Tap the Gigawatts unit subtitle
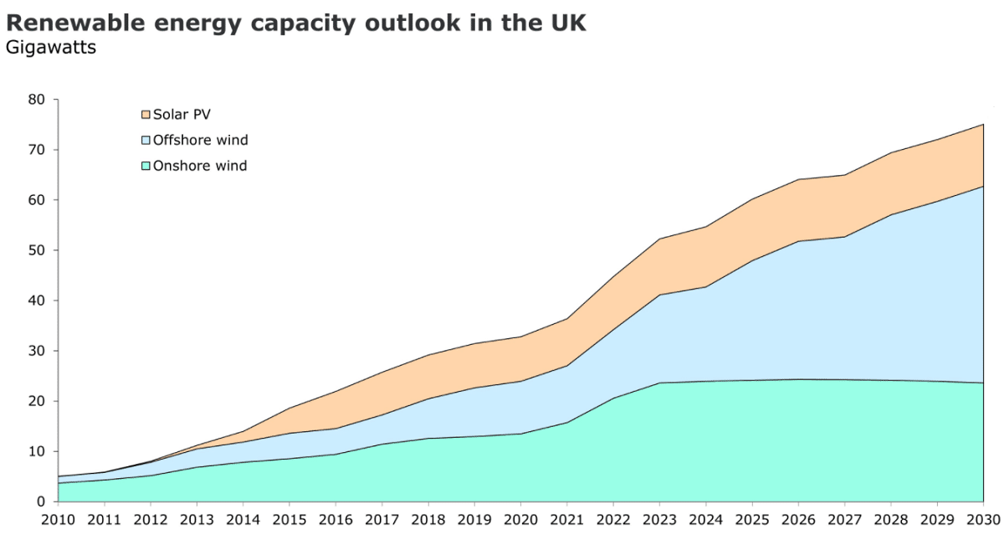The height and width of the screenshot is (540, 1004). coord(51,48)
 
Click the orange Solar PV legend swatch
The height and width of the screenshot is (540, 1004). coord(146,115)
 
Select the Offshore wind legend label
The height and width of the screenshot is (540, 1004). coord(200,140)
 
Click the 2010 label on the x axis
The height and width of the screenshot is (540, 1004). coord(58,520)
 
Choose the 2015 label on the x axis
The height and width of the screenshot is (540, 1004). coord(289,520)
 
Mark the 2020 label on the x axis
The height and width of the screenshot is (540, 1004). coord(520,520)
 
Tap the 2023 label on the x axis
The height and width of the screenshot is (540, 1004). coord(659,520)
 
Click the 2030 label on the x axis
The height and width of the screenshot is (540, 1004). coord(982,520)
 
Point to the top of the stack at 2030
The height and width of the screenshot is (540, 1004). coord(982,124)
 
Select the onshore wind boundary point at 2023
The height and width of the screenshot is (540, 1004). coord(659,383)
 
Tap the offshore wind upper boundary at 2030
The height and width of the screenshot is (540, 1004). coord(982,186)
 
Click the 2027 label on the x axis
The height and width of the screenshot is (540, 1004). coord(844,520)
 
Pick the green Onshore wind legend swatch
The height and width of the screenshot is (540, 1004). coord(146,166)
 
